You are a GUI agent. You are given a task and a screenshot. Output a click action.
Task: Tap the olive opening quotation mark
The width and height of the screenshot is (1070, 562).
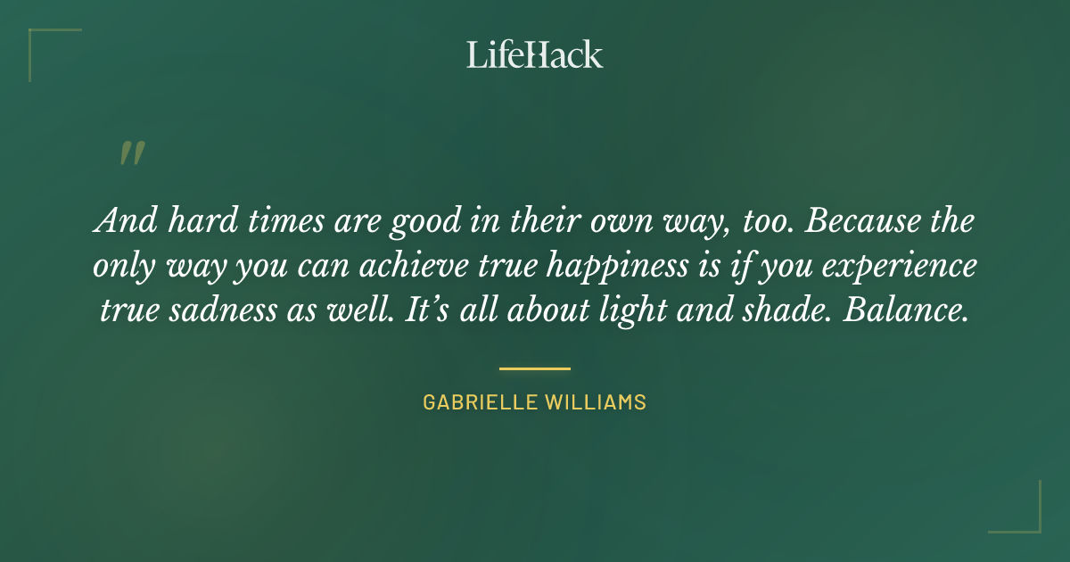click(131, 153)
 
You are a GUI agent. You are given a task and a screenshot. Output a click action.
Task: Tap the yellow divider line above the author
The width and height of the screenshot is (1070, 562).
click(534, 368)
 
